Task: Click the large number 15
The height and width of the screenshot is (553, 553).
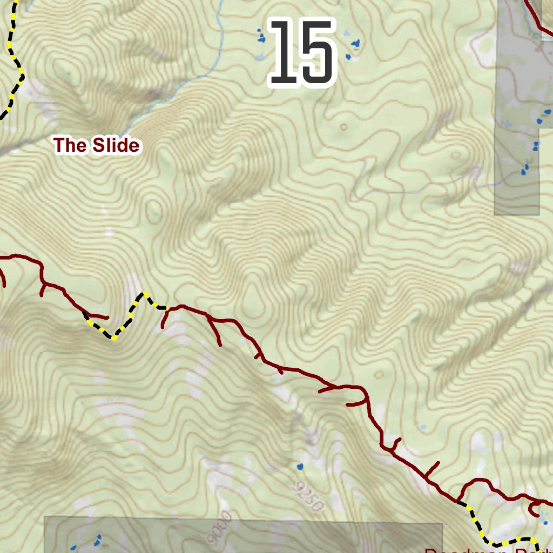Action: pyautogui.click(x=302, y=53)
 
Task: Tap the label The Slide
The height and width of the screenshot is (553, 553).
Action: pyautogui.click(x=97, y=145)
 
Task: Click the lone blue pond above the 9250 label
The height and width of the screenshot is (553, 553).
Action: pyautogui.click(x=300, y=466)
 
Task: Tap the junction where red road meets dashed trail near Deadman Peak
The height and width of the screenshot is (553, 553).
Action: pyautogui.click(x=458, y=502)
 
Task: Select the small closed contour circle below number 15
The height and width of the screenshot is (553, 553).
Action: pyautogui.click(x=343, y=127)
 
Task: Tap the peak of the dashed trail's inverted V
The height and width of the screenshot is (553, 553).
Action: pyautogui.click(x=144, y=294)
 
